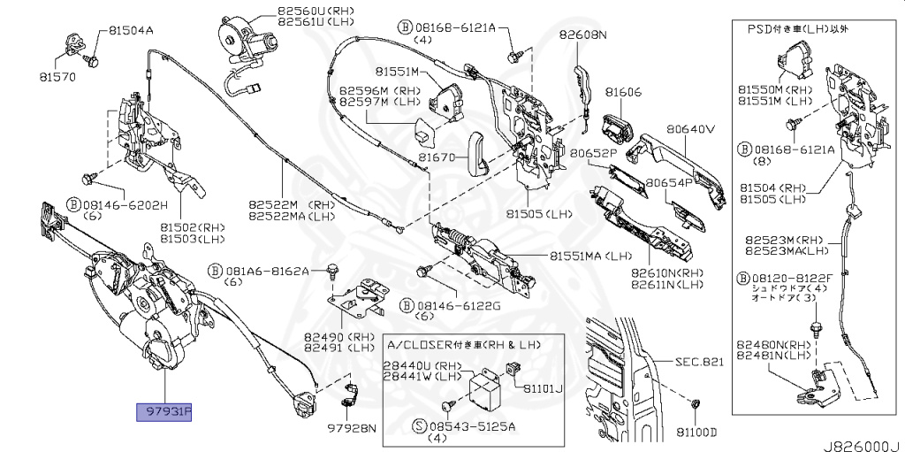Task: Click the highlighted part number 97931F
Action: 164,412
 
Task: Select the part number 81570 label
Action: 57,76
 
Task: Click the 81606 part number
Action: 623,92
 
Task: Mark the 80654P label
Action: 669,183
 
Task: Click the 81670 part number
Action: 437,157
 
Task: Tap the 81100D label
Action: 696,432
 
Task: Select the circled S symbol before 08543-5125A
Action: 420,425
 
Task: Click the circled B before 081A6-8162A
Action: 214,270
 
